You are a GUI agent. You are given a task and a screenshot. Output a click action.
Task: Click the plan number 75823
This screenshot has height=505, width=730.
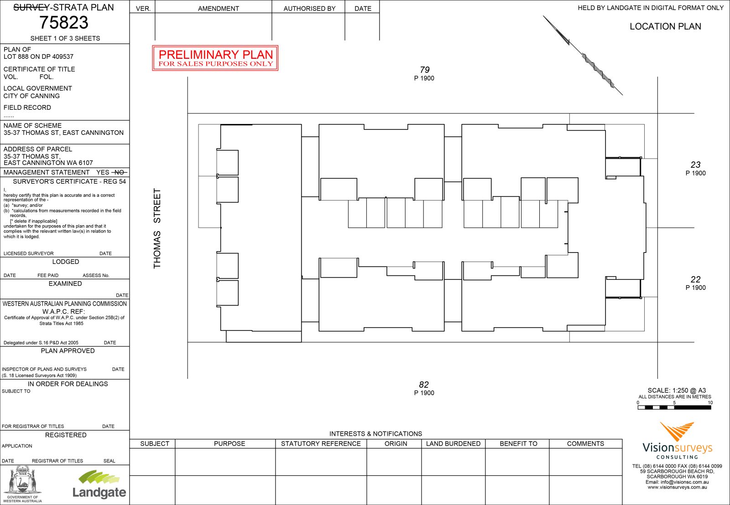pyautogui.click(x=64, y=22)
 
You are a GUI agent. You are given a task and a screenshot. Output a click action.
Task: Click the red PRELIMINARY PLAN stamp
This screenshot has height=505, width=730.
pyautogui.click(x=215, y=58)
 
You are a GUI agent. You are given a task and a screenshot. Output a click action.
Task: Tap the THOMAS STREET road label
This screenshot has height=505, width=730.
pyautogui.click(x=157, y=228)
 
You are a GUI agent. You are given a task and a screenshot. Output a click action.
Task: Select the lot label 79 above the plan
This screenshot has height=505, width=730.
pyautogui.click(x=424, y=70)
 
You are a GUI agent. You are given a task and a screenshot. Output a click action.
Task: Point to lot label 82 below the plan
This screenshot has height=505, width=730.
pyautogui.click(x=424, y=385)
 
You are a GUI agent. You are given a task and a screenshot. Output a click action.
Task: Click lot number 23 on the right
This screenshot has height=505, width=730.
pyautogui.click(x=695, y=165)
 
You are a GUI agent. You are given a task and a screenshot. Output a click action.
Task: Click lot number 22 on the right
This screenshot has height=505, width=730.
pyautogui.click(x=695, y=279)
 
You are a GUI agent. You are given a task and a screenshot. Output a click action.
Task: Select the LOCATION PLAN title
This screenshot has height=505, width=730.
pyautogui.click(x=665, y=26)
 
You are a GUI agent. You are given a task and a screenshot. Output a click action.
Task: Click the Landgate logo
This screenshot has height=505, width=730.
pyautogui.click(x=99, y=484)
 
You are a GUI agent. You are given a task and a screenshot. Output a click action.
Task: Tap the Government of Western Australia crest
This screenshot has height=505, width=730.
pyautogui.click(x=22, y=484)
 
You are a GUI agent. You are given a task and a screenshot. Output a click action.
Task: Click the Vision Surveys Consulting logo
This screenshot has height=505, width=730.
pyautogui.click(x=677, y=441)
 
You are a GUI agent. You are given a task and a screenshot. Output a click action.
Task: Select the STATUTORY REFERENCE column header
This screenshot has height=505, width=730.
pyautogui.click(x=321, y=443)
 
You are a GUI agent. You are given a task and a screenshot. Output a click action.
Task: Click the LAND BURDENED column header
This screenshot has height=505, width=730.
pyautogui.click(x=453, y=443)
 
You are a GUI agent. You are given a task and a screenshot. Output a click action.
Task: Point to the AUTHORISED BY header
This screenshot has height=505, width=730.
pyautogui.click(x=309, y=9)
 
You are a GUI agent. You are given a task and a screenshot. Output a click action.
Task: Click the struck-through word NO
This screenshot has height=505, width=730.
pyautogui.click(x=119, y=172)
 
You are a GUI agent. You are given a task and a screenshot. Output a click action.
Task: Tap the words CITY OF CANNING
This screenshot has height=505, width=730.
pyautogui.click(x=31, y=96)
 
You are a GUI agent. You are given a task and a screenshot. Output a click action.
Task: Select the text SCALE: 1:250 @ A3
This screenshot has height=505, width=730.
pyautogui.click(x=677, y=390)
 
